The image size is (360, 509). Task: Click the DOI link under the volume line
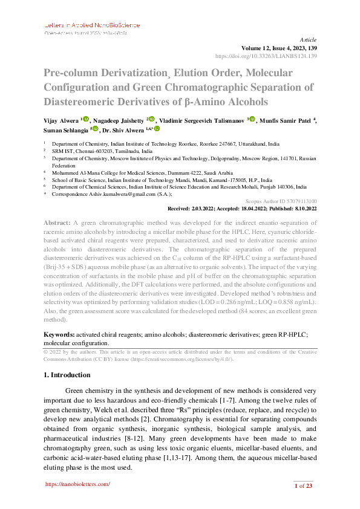[266, 56]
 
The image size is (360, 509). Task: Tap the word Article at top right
[309, 39]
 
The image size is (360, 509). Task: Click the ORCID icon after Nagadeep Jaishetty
[152, 119]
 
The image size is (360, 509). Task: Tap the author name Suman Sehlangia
[65, 129]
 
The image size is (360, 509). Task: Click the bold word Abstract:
[57, 223]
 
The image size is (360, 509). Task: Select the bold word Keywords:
[59, 334]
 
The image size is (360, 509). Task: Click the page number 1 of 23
[302, 485]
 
